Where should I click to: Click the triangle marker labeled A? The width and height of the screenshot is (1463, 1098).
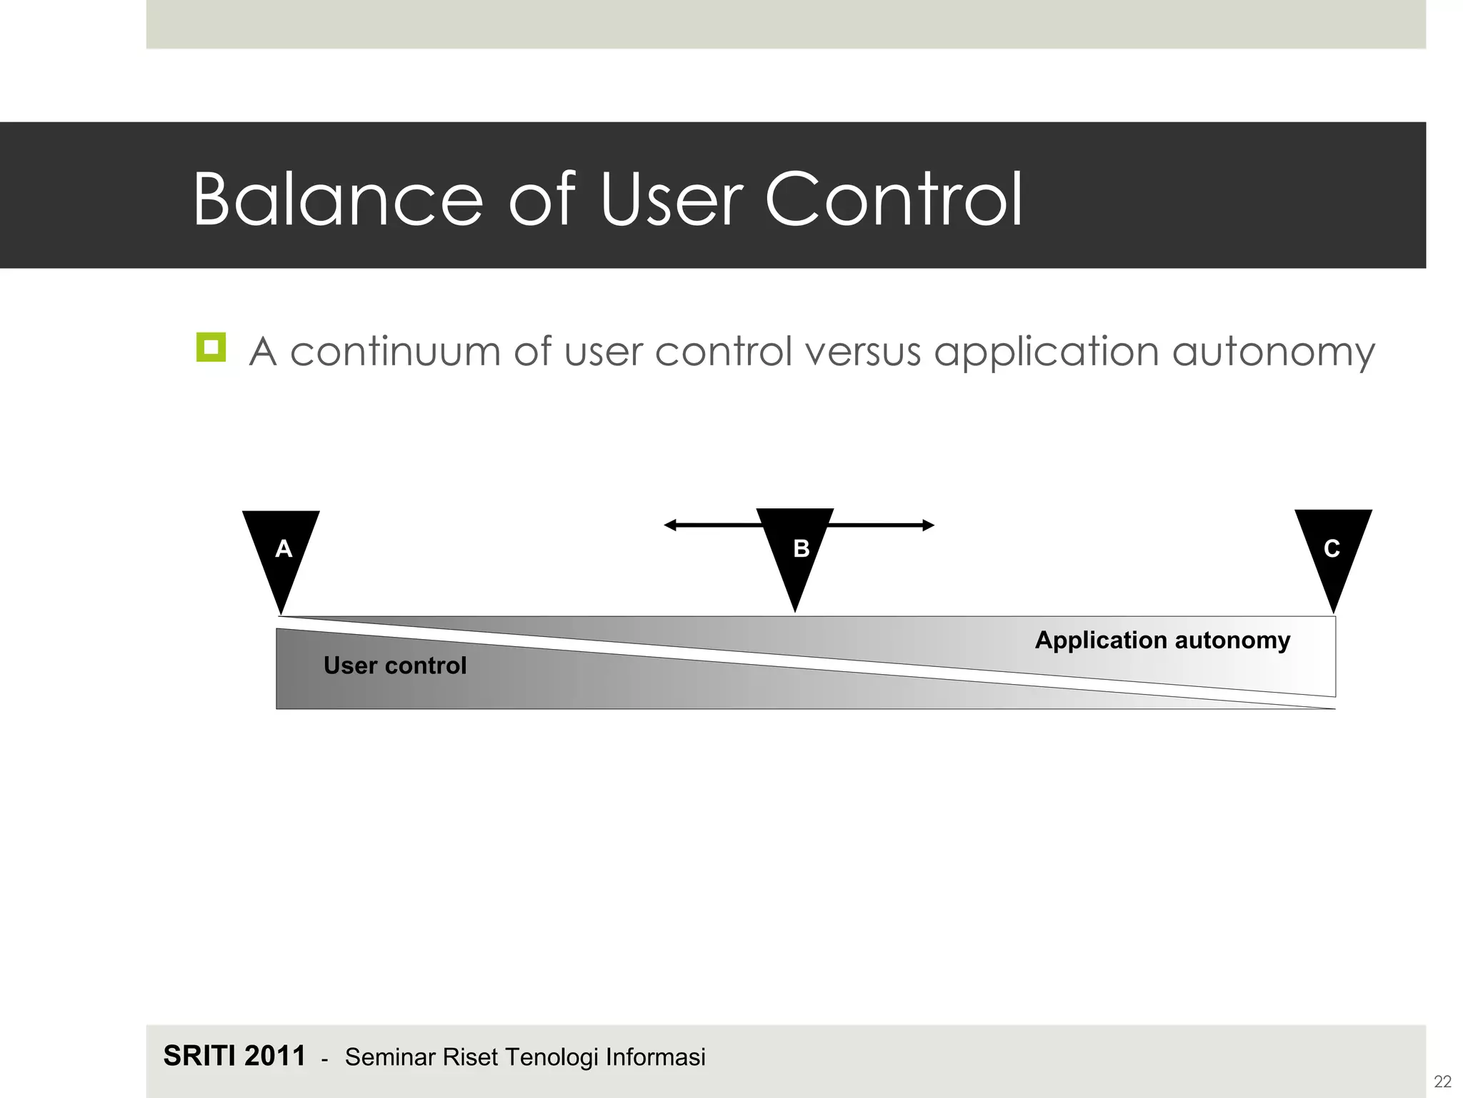coord(281,550)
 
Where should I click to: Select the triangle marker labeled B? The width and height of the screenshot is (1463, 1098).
coord(796,550)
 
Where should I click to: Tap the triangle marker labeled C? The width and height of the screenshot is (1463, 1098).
coord(1333,550)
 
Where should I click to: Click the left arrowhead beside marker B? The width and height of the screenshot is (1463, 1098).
coord(670,525)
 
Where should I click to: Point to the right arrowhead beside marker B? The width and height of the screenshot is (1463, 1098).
coord(928,525)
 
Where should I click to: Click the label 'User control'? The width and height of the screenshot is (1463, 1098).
coord(394,666)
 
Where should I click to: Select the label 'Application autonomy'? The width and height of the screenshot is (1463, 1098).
coord(1162,640)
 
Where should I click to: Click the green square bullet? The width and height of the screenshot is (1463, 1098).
coord(211,347)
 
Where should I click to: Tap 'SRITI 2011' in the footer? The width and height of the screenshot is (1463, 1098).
coord(234,1056)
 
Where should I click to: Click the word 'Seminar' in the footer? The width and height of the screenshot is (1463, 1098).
coord(391,1057)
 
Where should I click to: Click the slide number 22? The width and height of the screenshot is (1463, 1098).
coord(1442,1082)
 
